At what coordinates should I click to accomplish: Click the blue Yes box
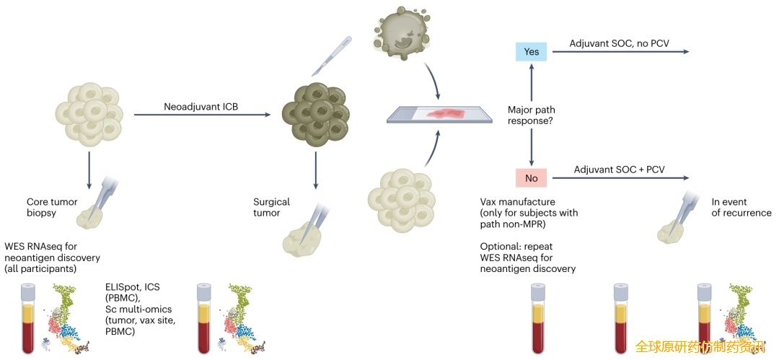[x=531, y=51]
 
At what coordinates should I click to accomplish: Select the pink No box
[x=531, y=177]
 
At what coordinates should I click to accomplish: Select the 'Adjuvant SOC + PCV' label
[x=619, y=170]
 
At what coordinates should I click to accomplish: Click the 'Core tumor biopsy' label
[x=53, y=208]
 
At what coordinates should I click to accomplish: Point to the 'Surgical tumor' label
[x=271, y=208]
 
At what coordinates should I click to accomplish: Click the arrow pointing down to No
[x=531, y=148]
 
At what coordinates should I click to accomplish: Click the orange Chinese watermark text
[x=699, y=347]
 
